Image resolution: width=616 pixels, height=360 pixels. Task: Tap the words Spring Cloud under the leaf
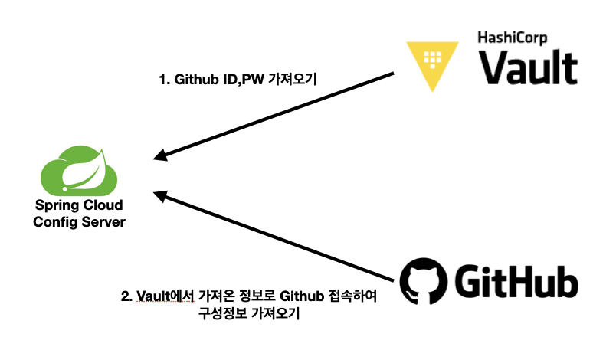coord(79,206)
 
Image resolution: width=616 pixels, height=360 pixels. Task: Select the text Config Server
coord(79,221)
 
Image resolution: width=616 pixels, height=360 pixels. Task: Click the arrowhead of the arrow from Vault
coord(159,158)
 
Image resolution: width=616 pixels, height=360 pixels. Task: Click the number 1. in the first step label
coord(163,79)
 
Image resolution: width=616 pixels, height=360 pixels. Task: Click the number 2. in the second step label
coord(126,295)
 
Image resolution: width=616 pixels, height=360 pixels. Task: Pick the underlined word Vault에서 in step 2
coord(164,295)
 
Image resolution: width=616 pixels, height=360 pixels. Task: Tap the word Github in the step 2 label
coord(300,295)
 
